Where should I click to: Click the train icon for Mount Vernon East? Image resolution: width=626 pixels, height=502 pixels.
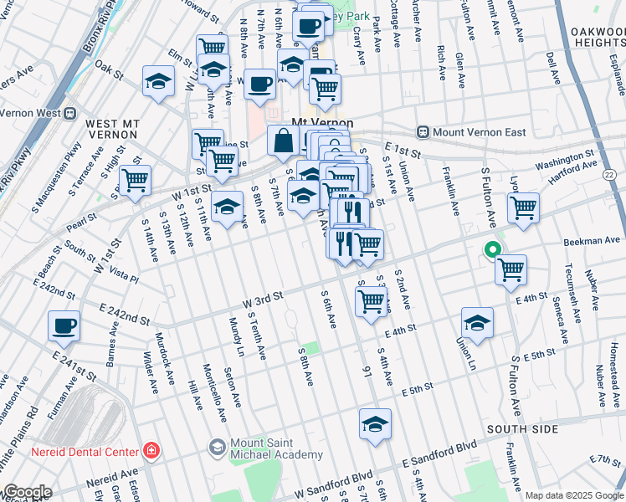[x=423, y=132]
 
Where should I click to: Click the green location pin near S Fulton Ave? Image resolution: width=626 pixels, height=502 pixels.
[x=492, y=249]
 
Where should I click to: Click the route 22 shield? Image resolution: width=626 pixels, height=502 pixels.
[x=608, y=174]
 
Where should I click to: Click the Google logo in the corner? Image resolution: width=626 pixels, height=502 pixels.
[x=27, y=492]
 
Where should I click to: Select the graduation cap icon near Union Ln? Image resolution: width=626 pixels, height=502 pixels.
[x=477, y=323]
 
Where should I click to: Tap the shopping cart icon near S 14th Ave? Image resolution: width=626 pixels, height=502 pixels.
[x=134, y=180]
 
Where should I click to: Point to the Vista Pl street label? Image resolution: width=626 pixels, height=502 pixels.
[x=123, y=275]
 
